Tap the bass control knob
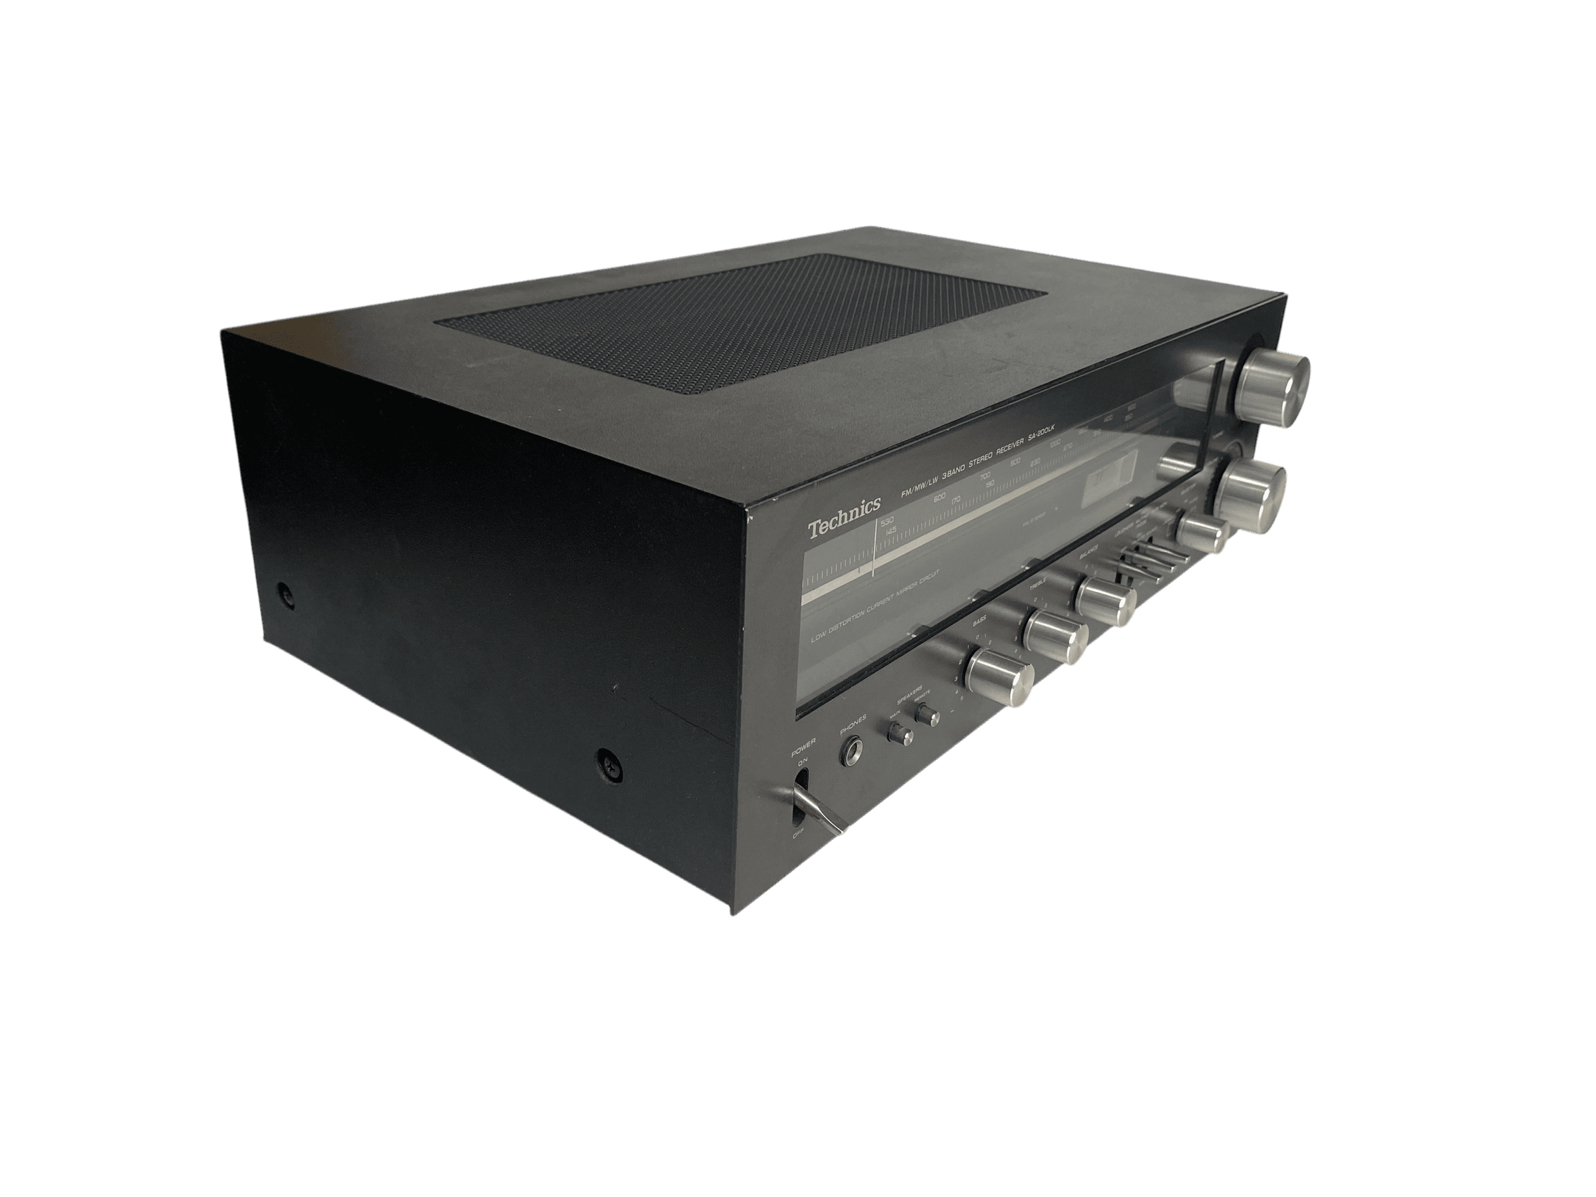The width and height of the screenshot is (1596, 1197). (1000, 676)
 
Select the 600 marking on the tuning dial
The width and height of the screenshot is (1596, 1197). (939, 499)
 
